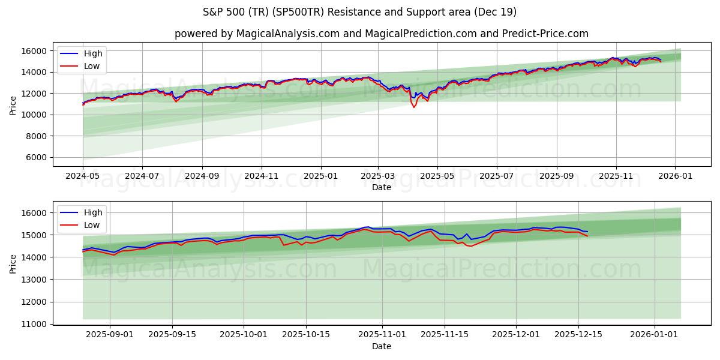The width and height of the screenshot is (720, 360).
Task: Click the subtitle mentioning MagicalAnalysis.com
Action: click(381, 34)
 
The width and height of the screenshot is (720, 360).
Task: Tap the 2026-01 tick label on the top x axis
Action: click(675, 176)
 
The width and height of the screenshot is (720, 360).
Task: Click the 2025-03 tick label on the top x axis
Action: click(378, 176)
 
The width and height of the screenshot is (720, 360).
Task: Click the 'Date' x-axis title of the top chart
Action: click(381, 187)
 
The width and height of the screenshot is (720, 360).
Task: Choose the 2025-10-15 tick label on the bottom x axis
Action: click(306, 335)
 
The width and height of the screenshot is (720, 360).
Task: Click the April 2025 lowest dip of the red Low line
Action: click(413, 107)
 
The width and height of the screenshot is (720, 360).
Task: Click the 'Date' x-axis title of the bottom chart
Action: click(381, 346)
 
